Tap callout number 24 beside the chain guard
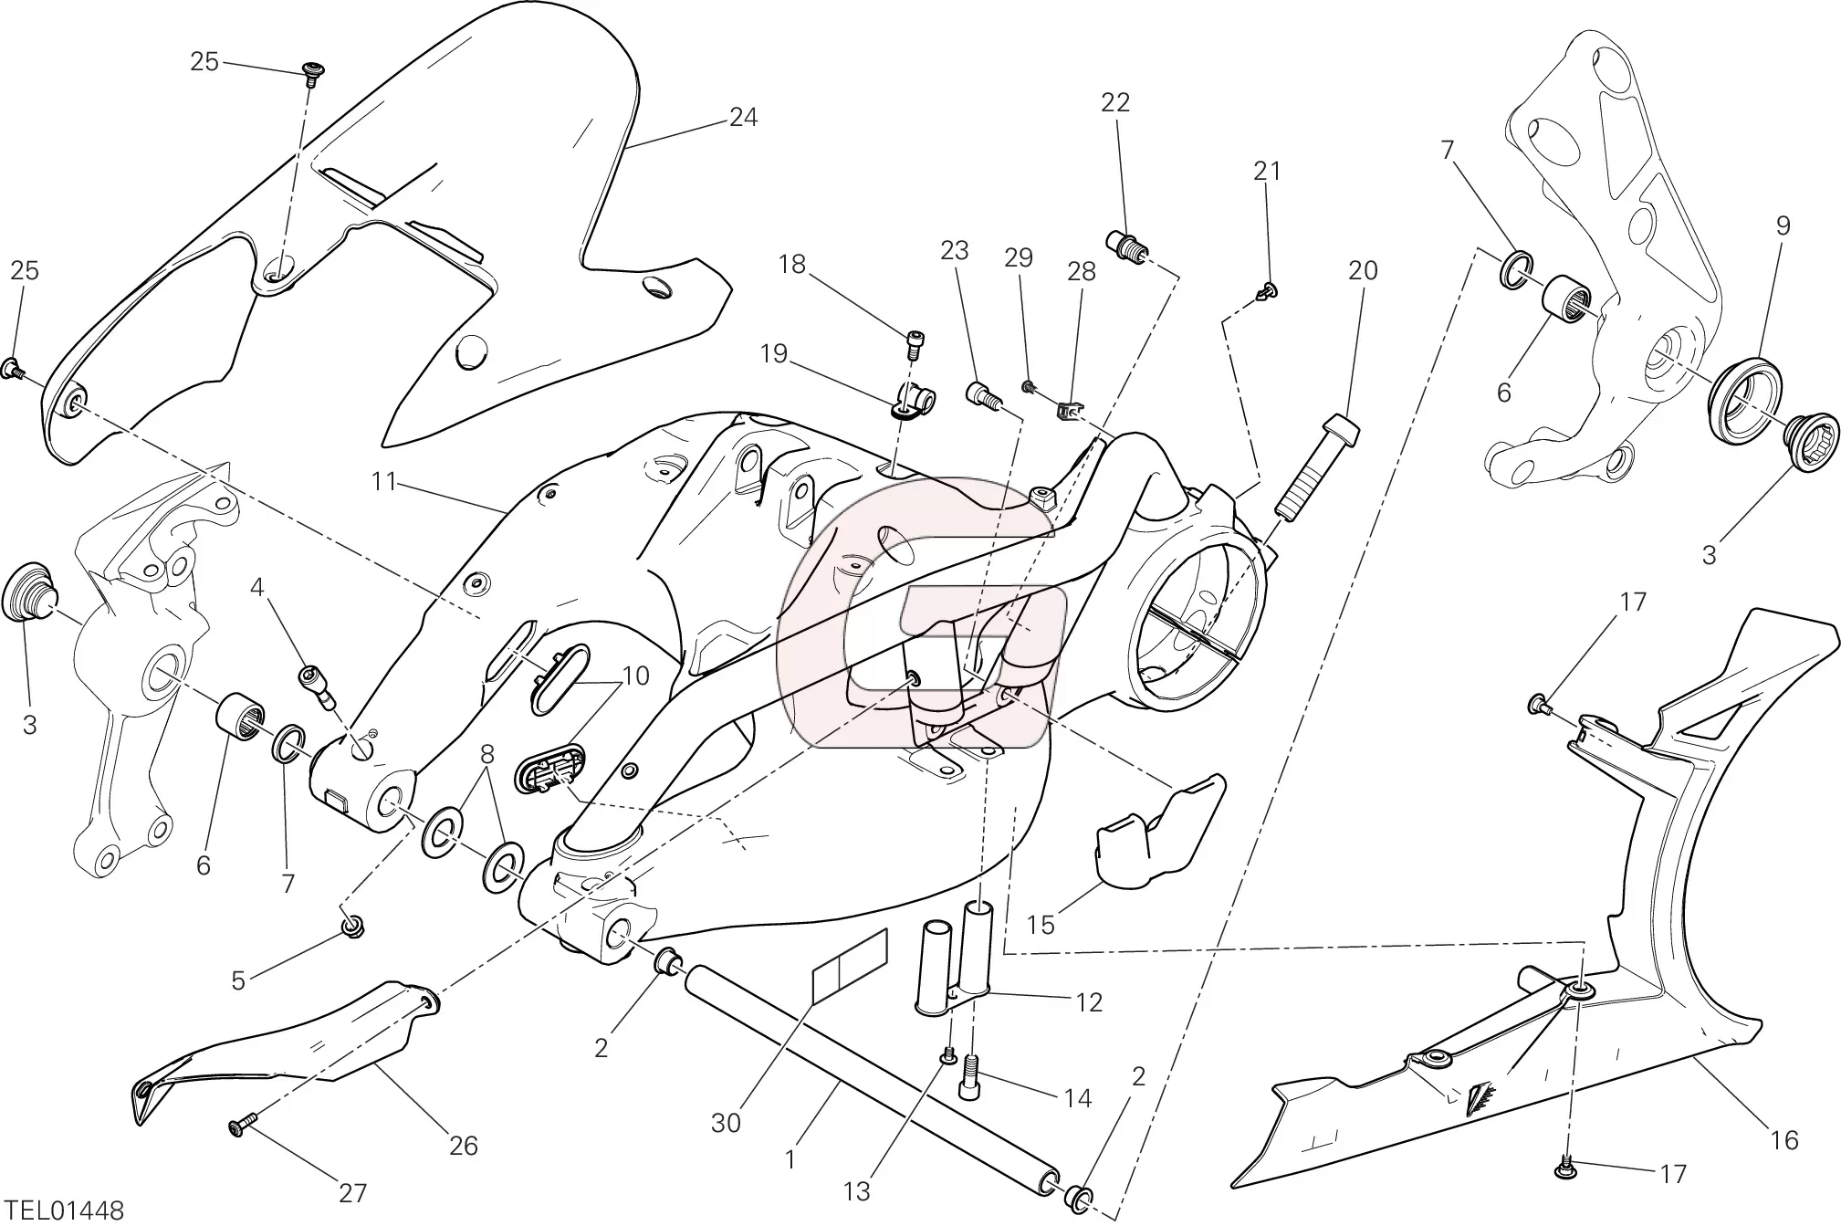coord(743,118)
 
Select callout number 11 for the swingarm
coord(384,481)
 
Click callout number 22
coord(1115,103)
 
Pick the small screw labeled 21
coord(1267,291)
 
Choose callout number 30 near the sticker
coord(726,1123)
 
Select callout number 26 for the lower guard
coord(464,1146)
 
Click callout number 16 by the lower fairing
coord(1783,1140)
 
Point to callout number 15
coord(1041,925)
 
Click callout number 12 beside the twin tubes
coord(1089,1002)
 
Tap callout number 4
coord(257,588)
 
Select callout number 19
coord(774,354)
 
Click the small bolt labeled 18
coord(914,342)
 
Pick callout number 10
coord(635,676)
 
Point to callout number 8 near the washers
coord(486,754)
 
